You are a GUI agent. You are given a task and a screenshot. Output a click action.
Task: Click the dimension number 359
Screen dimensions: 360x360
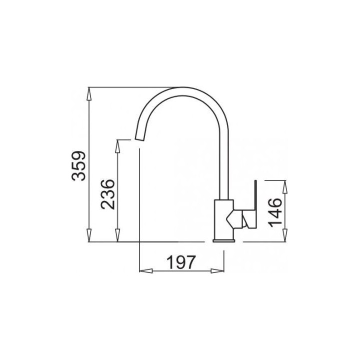79,166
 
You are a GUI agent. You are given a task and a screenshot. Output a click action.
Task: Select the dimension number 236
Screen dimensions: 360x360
107,194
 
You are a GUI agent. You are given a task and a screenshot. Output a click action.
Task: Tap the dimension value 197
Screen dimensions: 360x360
181,262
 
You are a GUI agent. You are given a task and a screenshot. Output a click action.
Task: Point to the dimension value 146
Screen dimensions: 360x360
275,212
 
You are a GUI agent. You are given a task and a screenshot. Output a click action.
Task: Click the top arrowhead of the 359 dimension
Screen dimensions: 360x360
89,94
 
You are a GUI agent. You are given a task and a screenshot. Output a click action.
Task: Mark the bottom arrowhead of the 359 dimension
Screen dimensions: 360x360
89,235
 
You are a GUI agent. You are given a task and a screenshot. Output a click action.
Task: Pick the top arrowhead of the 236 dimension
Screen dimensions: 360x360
117,146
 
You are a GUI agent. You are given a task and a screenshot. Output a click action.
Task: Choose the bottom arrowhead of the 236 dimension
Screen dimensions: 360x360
117,235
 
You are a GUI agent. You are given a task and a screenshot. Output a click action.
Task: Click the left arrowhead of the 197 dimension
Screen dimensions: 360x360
146,271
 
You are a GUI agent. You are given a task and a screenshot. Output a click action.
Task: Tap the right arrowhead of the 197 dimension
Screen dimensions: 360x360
217,271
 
